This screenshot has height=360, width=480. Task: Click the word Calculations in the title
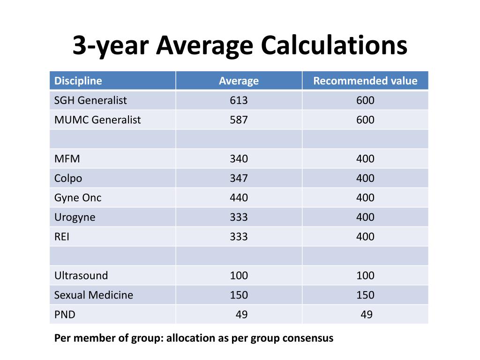[334, 45]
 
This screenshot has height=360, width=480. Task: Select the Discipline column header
[78, 81]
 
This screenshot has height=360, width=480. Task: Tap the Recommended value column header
[365, 81]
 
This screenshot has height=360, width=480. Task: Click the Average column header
[239, 81]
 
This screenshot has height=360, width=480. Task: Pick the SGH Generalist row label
[90, 100]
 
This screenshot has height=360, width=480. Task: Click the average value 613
[239, 100]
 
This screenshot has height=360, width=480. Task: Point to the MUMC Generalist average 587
[239, 120]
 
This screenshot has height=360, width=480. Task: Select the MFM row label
[67, 159]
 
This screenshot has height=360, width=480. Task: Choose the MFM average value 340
[239, 159]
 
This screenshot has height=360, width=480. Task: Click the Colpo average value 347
[239, 178]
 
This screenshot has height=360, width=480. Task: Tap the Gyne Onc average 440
[239, 198]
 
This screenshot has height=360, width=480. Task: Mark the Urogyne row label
[75, 217]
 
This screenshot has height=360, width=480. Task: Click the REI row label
[61, 237]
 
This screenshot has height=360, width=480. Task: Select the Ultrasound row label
[81, 276]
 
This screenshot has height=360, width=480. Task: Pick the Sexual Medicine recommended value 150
[365, 295]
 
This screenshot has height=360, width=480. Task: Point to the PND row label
[65, 315]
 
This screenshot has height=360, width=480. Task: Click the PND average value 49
[241, 315]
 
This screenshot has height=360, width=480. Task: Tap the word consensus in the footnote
[308, 338]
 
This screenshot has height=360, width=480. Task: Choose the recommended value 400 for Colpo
[365, 178]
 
